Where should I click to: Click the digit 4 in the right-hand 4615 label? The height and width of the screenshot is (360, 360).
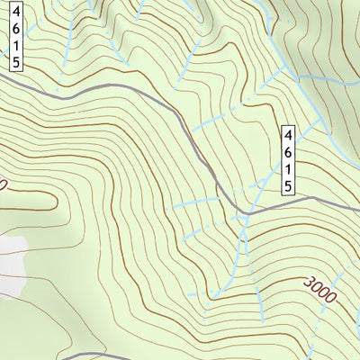pos(288,135)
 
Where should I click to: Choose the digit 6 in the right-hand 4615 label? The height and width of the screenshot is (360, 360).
pos(288,152)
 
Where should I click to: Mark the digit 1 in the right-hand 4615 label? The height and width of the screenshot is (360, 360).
pos(288,169)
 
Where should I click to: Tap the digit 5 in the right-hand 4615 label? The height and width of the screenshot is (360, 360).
pos(288,186)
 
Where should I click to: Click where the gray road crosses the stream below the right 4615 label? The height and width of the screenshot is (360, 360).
pos(248,212)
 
